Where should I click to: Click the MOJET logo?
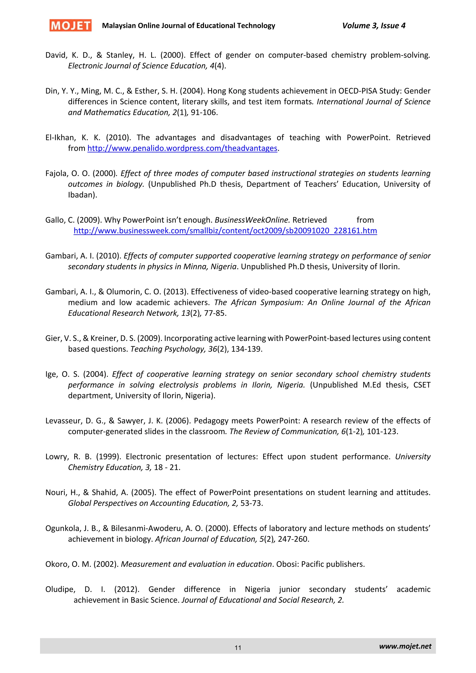pyautogui.click(x=70, y=26)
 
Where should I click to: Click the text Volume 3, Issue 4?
pyautogui.click(x=374, y=26)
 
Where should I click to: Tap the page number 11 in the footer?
pyautogui.click(x=238, y=647)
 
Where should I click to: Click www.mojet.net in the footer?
pyautogui.click(x=405, y=646)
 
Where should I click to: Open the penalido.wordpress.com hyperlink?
pyautogui.click(x=182, y=148)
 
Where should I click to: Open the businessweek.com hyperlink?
pyautogui.click(x=225, y=231)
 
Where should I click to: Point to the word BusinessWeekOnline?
pyautogui.click(x=252, y=220)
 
